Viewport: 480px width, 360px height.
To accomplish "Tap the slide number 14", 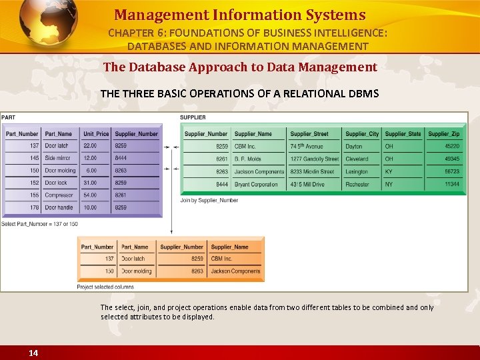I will click(33, 353).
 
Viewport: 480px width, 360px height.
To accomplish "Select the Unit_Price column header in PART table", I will click(96, 134).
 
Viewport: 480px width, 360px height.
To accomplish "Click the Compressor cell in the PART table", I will click(59, 195).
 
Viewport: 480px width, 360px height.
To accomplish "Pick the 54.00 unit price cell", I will click(90, 195).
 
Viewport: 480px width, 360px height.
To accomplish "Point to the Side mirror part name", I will click(58, 158).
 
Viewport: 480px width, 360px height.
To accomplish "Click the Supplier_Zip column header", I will click(443, 134).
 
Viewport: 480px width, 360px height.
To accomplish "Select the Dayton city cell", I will click(354, 146).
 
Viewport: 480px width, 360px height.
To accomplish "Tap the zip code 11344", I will click(452, 183).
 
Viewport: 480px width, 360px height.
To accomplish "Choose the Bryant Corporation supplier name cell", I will click(256, 183).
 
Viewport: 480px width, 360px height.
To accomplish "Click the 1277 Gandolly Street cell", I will click(314, 159).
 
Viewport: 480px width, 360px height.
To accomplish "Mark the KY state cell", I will click(389, 171).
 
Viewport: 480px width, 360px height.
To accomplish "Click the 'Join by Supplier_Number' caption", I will click(209, 200).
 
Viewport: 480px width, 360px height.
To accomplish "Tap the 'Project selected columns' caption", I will click(105, 287).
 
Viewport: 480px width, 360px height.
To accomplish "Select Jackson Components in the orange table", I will click(235, 271).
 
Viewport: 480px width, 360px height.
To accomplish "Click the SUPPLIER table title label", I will click(193, 118).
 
